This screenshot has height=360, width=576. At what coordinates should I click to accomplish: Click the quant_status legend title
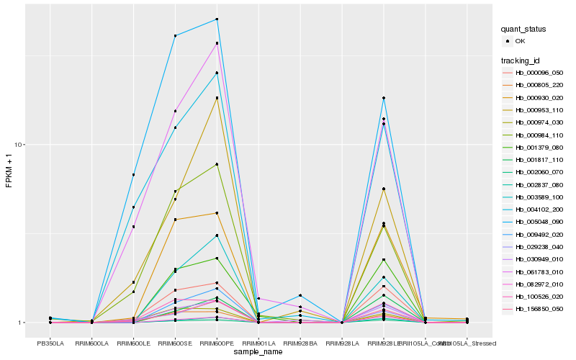point(523,30)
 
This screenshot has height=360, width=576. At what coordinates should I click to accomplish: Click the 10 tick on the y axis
point(22,145)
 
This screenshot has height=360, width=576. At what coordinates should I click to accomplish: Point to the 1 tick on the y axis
point(23,323)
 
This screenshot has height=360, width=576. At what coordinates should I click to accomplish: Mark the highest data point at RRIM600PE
point(217,19)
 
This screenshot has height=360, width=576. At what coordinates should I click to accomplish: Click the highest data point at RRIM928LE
point(384,98)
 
